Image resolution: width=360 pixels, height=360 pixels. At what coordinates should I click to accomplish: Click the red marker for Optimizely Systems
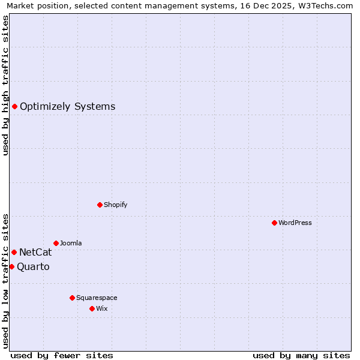(x=14, y=107)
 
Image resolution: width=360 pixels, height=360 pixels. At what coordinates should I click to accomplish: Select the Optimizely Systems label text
(x=67, y=107)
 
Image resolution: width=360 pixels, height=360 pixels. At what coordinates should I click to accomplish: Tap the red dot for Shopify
(x=100, y=205)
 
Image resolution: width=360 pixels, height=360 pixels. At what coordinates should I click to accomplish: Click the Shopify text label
(x=115, y=205)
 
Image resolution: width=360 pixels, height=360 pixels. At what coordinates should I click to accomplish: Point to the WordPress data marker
(x=274, y=223)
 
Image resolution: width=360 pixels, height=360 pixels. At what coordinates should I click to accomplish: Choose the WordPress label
(x=295, y=223)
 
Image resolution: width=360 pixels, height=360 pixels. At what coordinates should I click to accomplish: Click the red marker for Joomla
(x=56, y=244)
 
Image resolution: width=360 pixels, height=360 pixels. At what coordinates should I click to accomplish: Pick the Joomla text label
(x=71, y=244)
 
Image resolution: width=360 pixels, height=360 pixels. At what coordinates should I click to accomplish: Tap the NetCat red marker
(x=14, y=253)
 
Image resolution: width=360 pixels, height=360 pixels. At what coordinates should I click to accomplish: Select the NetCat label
(x=35, y=253)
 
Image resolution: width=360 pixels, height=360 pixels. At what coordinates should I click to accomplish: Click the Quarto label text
(x=33, y=267)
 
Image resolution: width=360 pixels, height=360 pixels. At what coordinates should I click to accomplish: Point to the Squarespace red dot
(x=72, y=298)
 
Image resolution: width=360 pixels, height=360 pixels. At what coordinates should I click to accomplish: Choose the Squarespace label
(x=97, y=298)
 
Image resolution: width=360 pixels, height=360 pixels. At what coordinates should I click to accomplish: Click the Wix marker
(x=92, y=309)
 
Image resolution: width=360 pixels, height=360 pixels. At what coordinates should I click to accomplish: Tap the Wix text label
(x=102, y=309)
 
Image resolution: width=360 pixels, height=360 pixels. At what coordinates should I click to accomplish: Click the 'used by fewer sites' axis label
(x=62, y=355)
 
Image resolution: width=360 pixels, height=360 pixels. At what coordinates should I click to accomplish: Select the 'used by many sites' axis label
(x=301, y=355)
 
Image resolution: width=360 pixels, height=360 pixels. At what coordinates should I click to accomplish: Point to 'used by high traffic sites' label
(x=5, y=85)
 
